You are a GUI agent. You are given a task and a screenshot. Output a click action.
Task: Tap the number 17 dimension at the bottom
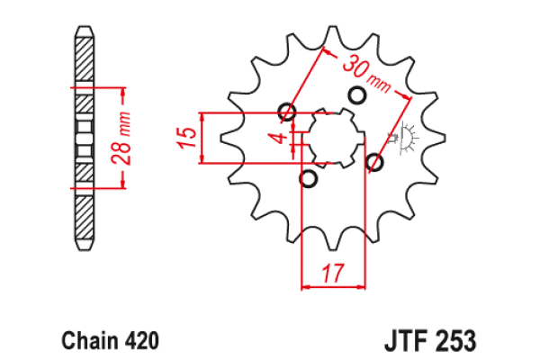pos(333,273)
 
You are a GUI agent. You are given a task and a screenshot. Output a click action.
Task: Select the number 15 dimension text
pos(187,138)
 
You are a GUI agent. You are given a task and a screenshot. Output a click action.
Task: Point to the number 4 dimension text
pos(282,138)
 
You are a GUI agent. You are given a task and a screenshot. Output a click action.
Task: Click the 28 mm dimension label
pos(121,139)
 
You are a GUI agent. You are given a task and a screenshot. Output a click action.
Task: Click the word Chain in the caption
pos(89,340)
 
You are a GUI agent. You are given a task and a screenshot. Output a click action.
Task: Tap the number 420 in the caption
pos(141,340)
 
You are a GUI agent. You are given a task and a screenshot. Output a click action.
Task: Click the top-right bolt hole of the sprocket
pos(356,94)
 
